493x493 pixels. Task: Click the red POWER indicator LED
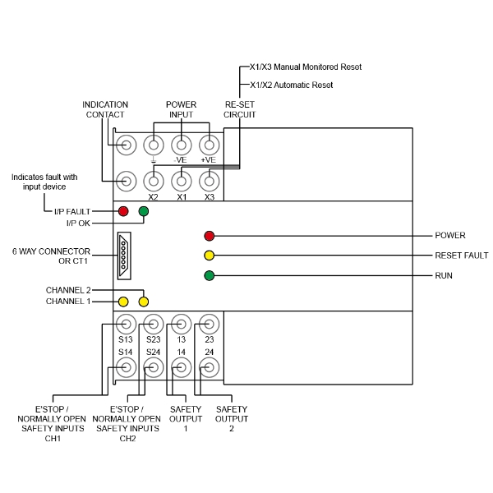[x=209, y=236]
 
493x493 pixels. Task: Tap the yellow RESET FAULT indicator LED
[x=209, y=256]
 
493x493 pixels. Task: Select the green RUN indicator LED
[x=209, y=275]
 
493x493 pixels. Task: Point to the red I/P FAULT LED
[x=124, y=211]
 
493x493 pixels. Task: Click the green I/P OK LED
[x=144, y=211]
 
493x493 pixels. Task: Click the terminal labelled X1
[x=182, y=180]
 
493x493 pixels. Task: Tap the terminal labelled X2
[x=154, y=180]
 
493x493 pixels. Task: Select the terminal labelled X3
[x=210, y=180]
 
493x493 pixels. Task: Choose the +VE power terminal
[x=210, y=145]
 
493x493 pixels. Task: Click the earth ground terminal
[x=154, y=145]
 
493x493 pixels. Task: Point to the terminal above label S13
[x=126, y=322]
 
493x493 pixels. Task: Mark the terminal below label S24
[x=154, y=367]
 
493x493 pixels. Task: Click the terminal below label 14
[x=182, y=367]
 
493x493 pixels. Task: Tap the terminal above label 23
[x=210, y=322]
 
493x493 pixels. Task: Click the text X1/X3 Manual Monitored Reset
[x=305, y=67]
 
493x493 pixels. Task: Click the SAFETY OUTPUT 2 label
[x=231, y=418]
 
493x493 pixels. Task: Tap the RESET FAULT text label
[x=462, y=256]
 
